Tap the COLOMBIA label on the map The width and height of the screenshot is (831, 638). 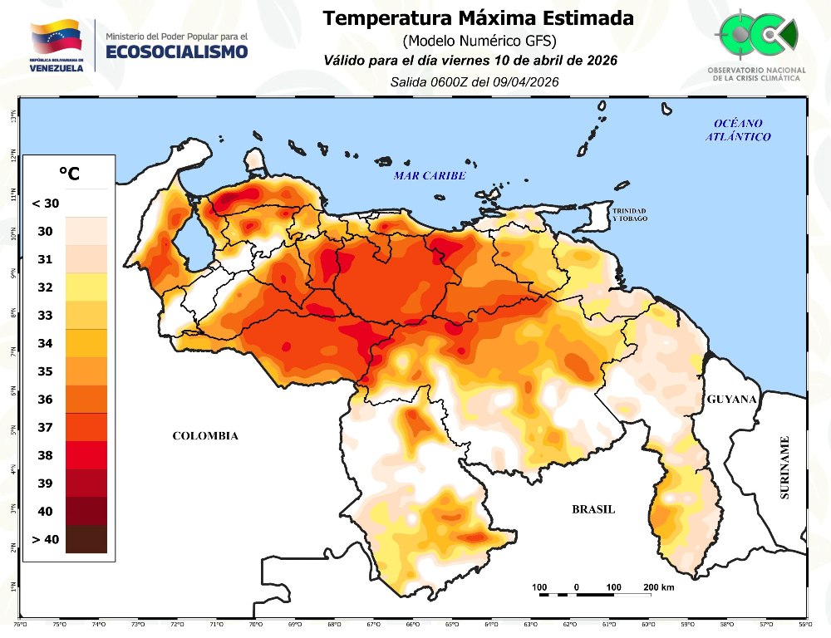205,436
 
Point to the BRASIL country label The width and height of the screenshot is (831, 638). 593,509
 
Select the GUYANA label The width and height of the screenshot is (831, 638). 731,400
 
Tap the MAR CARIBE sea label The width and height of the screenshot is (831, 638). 430,176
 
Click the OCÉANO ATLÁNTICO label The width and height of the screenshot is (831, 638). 739,130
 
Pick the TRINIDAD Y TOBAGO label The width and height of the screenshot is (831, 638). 630,214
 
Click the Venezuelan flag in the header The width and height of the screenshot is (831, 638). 57,38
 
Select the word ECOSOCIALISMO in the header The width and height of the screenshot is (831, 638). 176,52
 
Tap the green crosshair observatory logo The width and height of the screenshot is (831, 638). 755,35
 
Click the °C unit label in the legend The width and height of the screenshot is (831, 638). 69,174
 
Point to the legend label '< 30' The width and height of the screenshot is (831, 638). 45,203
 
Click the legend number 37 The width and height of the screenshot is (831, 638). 45,427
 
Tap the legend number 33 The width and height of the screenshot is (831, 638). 45,315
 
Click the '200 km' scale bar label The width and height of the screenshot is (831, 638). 658,588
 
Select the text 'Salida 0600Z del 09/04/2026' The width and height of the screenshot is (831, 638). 474,81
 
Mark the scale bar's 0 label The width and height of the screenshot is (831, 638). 576,588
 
